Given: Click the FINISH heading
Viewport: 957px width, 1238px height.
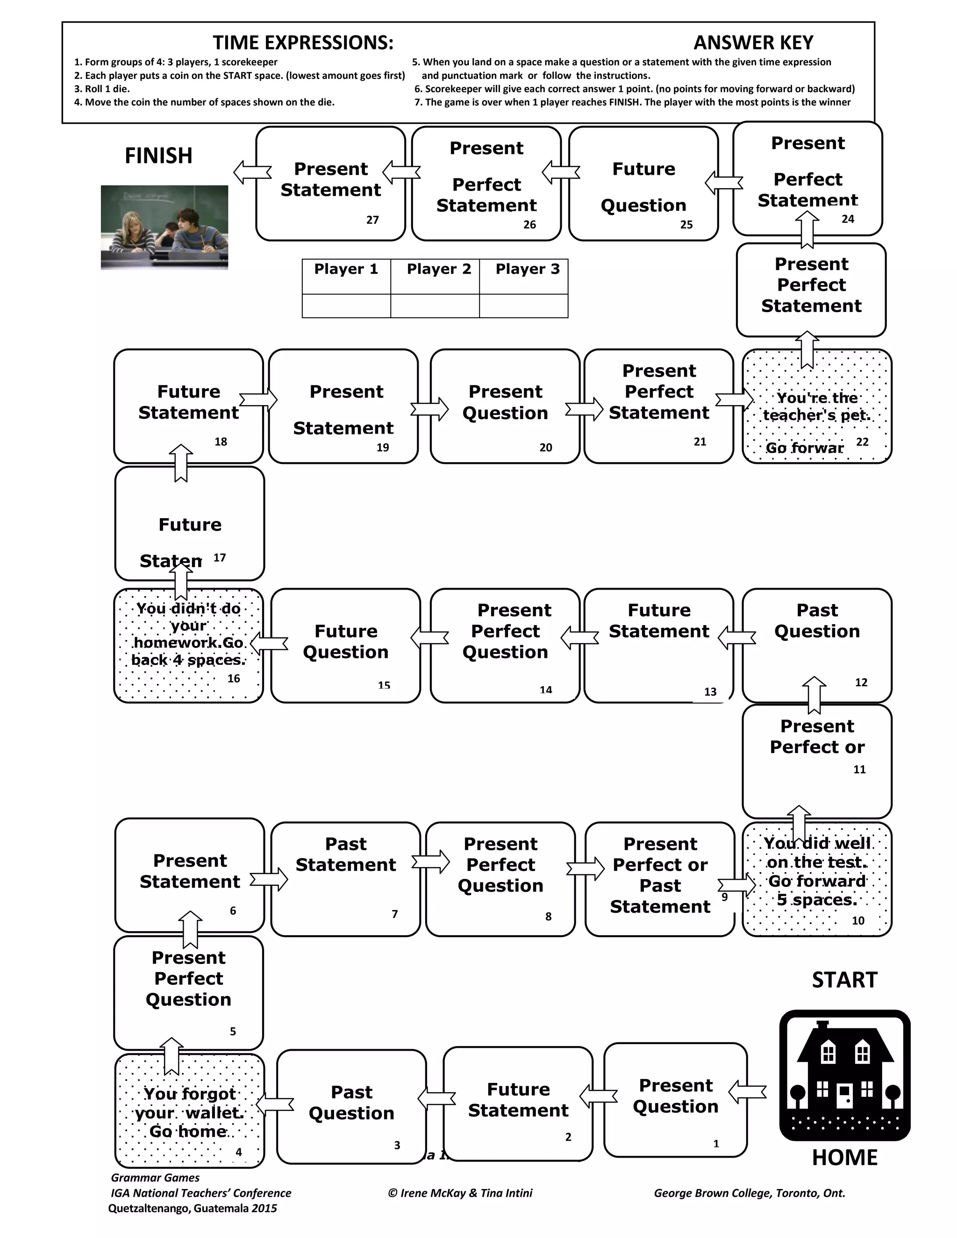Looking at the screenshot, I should (x=158, y=156).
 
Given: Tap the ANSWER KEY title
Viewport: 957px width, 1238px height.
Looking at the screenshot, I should (x=753, y=43).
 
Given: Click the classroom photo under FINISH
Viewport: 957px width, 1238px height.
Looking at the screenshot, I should (x=164, y=228).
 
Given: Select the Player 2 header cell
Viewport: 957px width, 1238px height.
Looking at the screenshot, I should (x=438, y=269).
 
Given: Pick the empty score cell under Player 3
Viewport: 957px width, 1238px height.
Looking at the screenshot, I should (x=523, y=306).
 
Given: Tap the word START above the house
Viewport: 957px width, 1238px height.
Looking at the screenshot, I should (x=844, y=980).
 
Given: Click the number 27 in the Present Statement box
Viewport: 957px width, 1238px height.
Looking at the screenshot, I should (x=372, y=220).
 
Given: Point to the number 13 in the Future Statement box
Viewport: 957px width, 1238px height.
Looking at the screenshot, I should (x=710, y=691).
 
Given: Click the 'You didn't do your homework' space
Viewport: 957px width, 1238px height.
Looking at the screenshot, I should (x=188, y=645).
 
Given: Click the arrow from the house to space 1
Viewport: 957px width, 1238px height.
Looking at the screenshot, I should (x=747, y=1092).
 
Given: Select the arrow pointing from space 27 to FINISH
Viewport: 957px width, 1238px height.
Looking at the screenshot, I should (x=252, y=172).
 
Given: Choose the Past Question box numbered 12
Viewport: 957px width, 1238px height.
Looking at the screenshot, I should (x=817, y=645).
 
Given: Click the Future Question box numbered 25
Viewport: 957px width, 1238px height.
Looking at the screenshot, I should (x=643, y=184).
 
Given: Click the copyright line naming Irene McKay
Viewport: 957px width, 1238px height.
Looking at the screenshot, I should (x=460, y=1193).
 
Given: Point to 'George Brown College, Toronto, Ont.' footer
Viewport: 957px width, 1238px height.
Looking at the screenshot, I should (x=749, y=1193).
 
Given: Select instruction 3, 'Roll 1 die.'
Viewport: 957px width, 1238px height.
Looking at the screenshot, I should (x=102, y=89).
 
